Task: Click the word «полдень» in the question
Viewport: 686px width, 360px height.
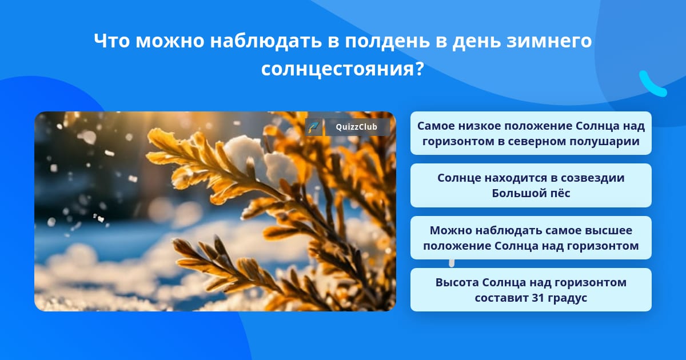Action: coord(388,41)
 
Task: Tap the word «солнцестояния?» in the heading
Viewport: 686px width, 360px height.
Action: coord(342,69)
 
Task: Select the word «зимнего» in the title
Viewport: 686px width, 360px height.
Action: coord(549,41)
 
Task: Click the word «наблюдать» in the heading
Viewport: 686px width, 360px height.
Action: coord(265,41)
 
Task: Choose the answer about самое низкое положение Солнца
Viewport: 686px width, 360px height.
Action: coord(531,133)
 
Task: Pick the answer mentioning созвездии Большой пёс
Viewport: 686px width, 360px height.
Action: coord(531,185)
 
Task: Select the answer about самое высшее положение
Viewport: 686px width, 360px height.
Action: coord(531,238)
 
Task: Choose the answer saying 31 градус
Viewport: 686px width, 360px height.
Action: coord(531,290)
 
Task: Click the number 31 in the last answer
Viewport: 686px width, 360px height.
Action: coord(538,298)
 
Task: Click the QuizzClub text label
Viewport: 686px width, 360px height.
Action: coord(356,127)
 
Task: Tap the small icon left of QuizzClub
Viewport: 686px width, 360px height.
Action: coord(314,127)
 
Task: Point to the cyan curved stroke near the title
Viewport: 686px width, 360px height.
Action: coord(652,85)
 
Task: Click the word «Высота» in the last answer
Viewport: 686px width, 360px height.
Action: coord(457,282)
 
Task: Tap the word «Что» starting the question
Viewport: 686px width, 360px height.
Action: coord(111,41)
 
